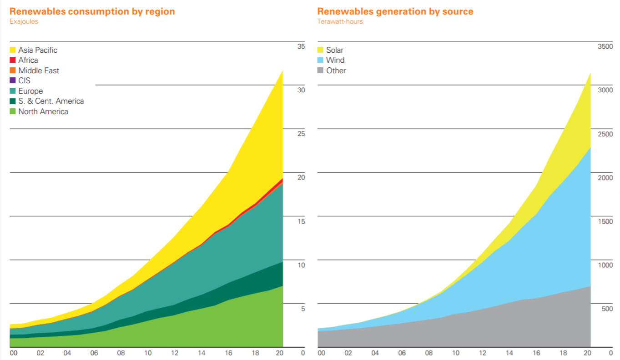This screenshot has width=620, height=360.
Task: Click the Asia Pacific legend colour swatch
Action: [x=13, y=50]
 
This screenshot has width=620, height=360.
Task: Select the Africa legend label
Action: [x=28, y=60]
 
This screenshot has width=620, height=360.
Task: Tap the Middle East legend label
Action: [x=39, y=70]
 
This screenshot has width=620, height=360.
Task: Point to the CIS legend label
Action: [x=25, y=80]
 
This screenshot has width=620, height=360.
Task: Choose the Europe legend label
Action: [x=30, y=91]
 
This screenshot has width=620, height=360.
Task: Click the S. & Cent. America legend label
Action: [x=51, y=101]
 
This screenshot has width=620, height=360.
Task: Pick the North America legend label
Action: [x=43, y=111]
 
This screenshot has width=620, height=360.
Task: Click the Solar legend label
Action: [x=335, y=50]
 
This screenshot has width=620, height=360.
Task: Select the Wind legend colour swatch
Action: [x=320, y=60]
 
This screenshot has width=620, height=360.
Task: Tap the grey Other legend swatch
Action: [x=320, y=70]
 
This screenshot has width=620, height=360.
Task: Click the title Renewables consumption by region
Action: [x=92, y=11]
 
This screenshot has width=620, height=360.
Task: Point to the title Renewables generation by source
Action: [x=395, y=11]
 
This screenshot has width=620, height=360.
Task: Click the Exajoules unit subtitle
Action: [x=24, y=21]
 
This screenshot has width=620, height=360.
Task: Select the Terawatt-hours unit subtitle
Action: [x=340, y=21]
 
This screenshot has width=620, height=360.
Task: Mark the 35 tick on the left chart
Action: [x=301, y=46]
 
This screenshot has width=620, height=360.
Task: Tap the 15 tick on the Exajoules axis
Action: [x=301, y=221]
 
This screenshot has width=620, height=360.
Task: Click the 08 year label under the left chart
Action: [x=121, y=353]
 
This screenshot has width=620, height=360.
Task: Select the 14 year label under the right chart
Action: [x=510, y=353]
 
